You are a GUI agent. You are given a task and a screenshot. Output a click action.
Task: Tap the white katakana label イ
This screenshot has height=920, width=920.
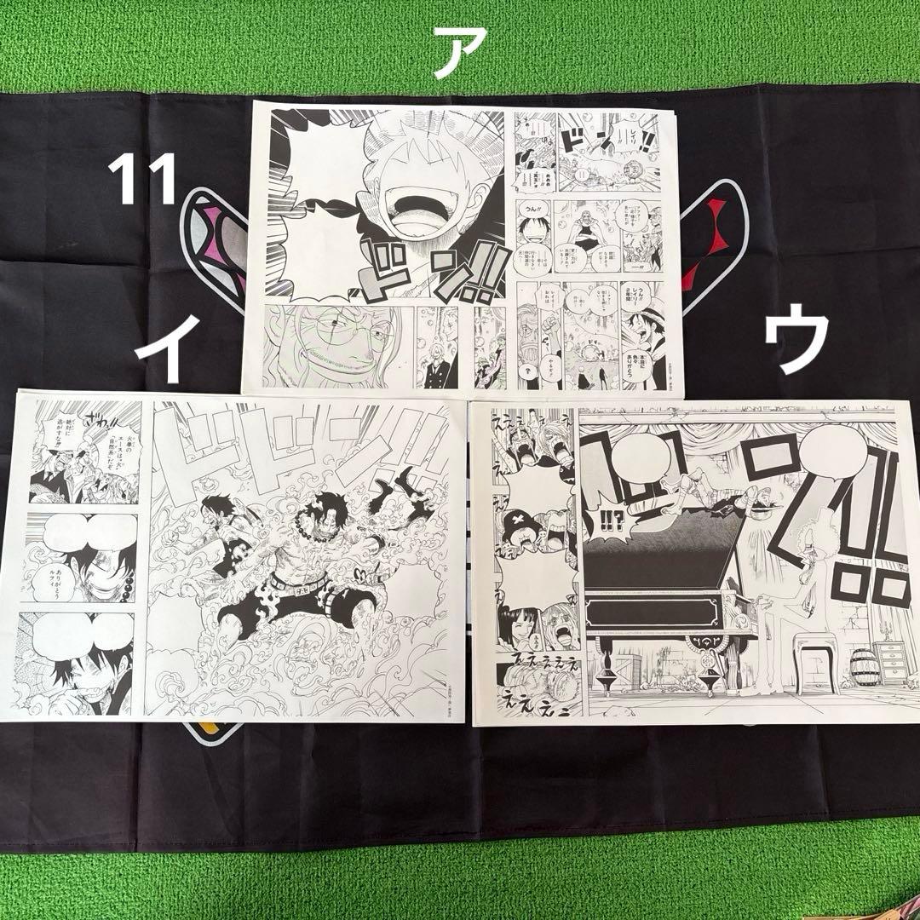pos(170,349)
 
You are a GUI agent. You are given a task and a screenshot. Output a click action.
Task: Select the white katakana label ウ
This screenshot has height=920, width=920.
pos(796,341)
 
